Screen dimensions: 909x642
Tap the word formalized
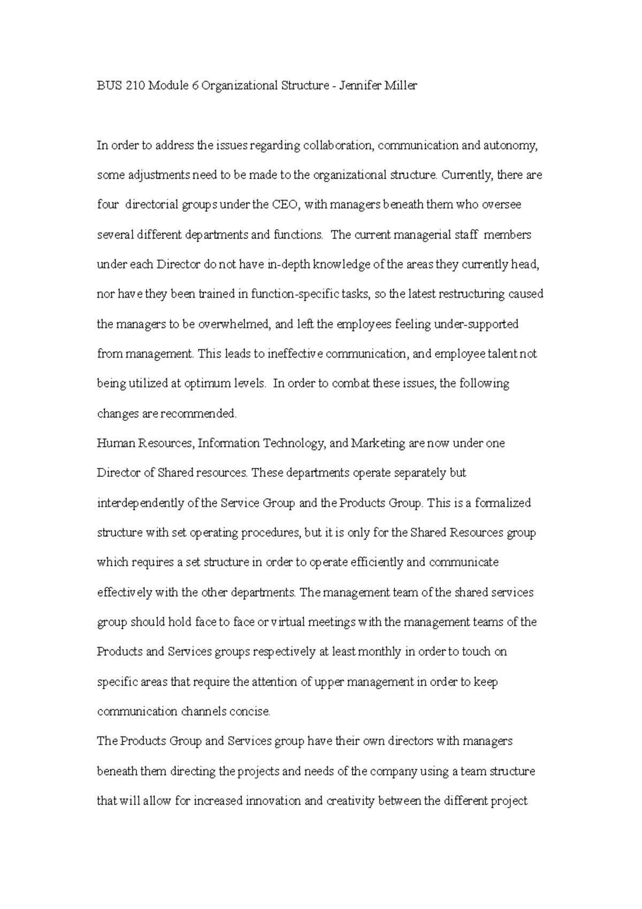click(502, 503)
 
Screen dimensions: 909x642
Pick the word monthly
click(379, 652)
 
